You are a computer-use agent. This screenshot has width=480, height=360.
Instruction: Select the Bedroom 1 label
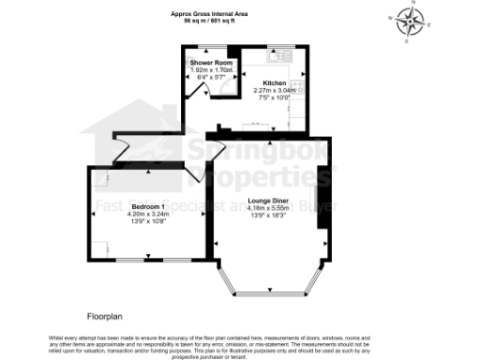[x=148, y=206]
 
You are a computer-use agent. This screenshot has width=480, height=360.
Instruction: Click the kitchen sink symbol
[x=282, y=55]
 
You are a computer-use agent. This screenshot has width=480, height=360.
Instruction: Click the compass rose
[x=408, y=21]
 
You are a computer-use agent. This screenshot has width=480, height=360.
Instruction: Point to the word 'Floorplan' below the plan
[x=105, y=316]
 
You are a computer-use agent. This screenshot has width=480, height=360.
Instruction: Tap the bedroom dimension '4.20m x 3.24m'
[x=148, y=214]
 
